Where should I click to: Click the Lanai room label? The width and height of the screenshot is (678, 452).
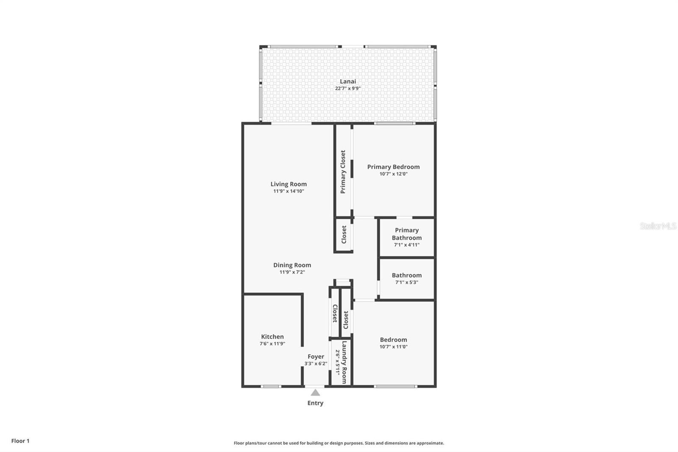(x=348, y=81)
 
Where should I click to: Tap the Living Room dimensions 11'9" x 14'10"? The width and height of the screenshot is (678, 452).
(x=289, y=191)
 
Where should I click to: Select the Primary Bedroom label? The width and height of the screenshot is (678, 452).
(x=393, y=167)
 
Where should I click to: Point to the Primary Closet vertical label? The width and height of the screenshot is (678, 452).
(x=343, y=172)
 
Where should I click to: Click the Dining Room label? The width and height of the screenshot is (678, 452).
(x=292, y=265)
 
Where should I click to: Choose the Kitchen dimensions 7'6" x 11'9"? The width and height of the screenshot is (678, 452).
(x=272, y=344)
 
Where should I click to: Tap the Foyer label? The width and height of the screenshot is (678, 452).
(x=316, y=357)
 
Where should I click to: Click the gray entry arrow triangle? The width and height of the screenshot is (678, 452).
(x=315, y=393)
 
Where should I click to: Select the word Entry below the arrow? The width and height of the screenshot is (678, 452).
(x=315, y=403)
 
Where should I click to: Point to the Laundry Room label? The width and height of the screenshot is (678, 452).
(x=344, y=363)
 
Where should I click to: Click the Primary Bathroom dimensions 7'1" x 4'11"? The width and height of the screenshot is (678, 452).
(x=406, y=245)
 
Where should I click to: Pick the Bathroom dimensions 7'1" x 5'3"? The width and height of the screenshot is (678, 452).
(x=406, y=282)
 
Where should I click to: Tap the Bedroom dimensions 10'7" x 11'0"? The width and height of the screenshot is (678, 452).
(x=393, y=347)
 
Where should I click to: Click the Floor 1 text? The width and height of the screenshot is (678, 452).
(x=20, y=441)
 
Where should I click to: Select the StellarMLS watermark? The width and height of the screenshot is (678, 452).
(x=658, y=226)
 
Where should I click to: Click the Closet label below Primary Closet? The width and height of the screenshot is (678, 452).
(x=344, y=234)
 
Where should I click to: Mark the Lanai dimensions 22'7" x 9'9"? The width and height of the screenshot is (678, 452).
(x=348, y=89)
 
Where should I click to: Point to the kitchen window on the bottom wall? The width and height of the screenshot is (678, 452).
(x=271, y=386)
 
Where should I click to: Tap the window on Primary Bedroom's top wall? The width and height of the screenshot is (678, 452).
(x=395, y=123)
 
